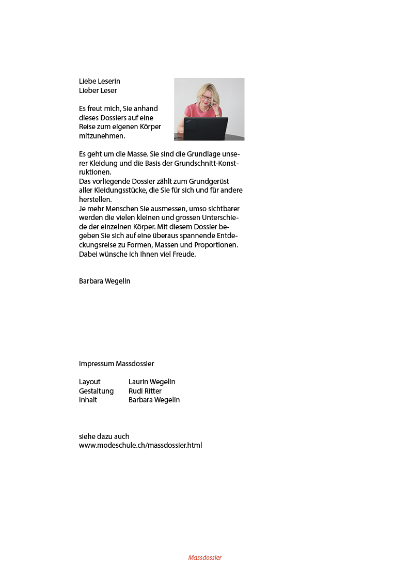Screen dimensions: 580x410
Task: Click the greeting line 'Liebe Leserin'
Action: pyautogui.click(x=100, y=81)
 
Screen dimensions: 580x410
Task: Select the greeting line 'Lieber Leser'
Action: pyautogui.click(x=98, y=90)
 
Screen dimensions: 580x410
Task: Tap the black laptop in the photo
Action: pyautogui.click(x=206, y=129)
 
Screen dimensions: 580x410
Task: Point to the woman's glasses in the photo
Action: pyautogui.click(x=207, y=97)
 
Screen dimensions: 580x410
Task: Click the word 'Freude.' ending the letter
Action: pyautogui.click(x=184, y=254)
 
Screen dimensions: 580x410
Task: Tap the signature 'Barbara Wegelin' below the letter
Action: pyautogui.click(x=105, y=281)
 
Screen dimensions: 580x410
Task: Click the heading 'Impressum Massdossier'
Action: pyautogui.click(x=117, y=364)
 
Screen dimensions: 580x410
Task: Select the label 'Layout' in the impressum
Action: pyautogui.click(x=90, y=382)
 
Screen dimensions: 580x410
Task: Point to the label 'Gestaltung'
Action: pyautogui.click(x=97, y=391)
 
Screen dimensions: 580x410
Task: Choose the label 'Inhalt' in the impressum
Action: pyautogui.click(x=88, y=400)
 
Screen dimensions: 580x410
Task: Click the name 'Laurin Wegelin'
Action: pyautogui.click(x=152, y=382)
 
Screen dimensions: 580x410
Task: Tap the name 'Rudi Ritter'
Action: pyautogui.click(x=145, y=391)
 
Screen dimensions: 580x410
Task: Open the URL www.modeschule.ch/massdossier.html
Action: pyautogui.click(x=140, y=445)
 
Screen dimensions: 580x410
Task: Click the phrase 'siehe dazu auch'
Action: pyautogui.click(x=104, y=436)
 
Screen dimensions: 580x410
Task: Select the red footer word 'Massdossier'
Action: pyautogui.click(x=205, y=558)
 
